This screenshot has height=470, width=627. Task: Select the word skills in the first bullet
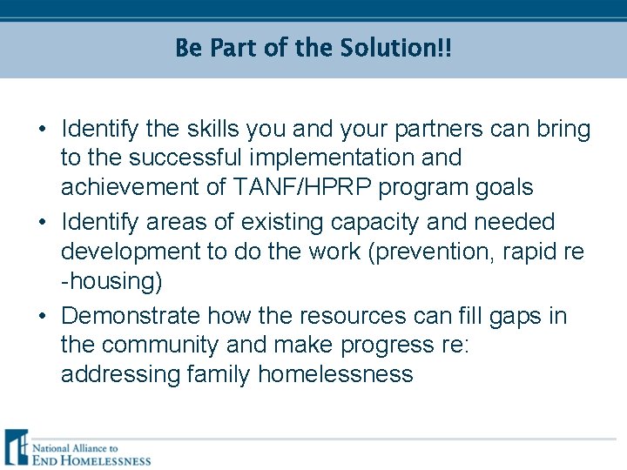coord(212,130)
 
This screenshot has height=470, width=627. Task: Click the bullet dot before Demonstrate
coord(43,316)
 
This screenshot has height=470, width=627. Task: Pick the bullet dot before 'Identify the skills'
coord(43,131)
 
